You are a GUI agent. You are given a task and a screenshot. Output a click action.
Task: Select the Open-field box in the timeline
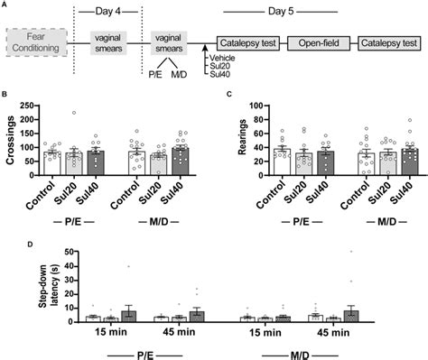click(x=317, y=42)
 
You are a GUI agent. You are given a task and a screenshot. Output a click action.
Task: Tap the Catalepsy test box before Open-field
click(x=243, y=42)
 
